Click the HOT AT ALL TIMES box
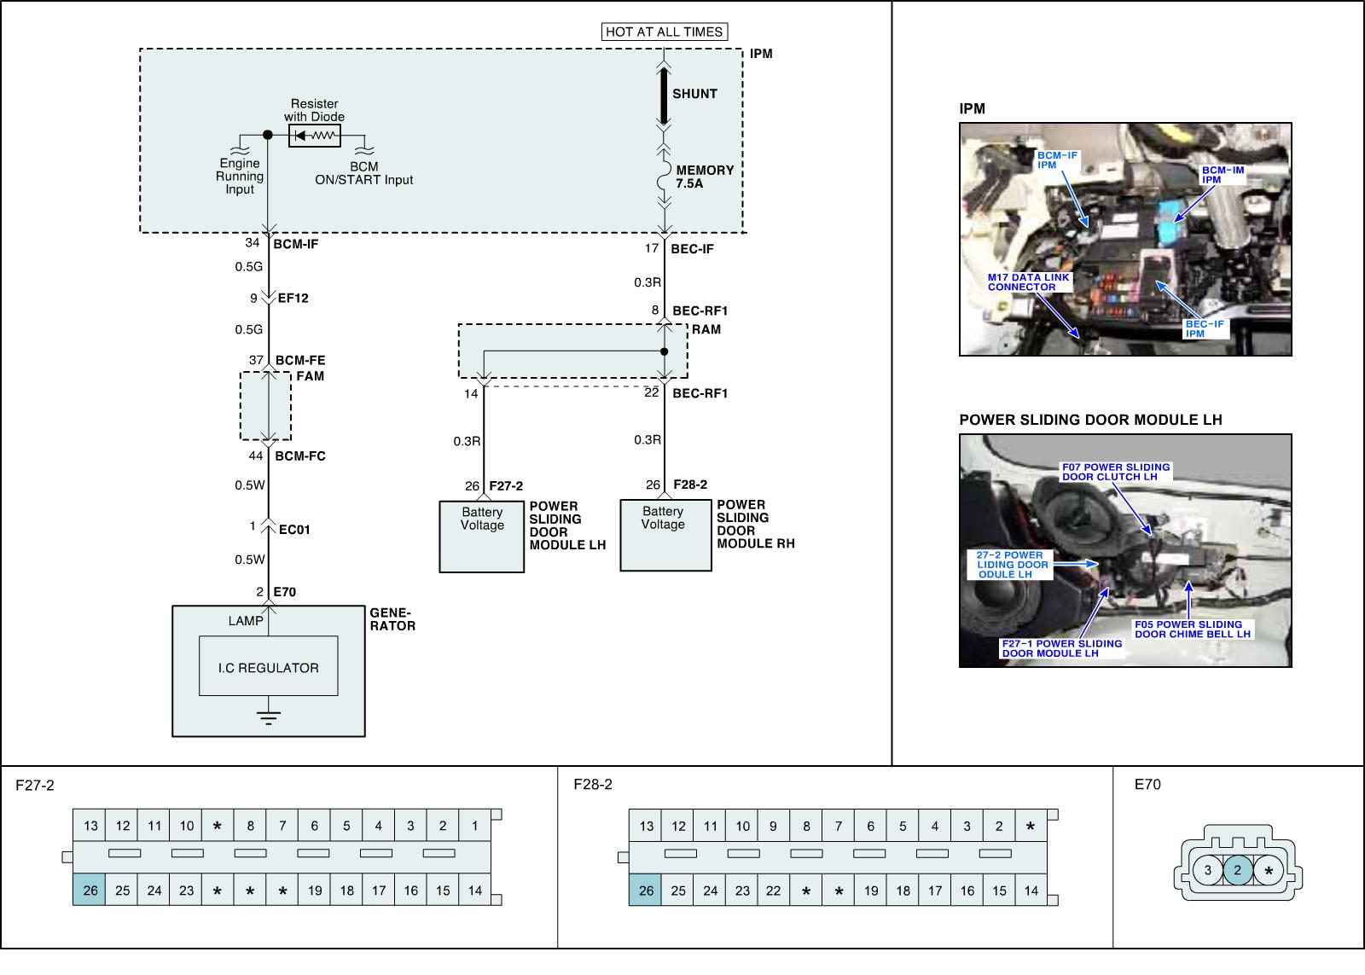pyautogui.click(x=665, y=32)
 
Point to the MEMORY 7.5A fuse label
pyautogui.click(x=704, y=177)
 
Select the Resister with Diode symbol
pyautogui.click(x=314, y=136)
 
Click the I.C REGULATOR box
pyautogui.click(x=268, y=667)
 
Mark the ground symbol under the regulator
pyautogui.click(x=269, y=717)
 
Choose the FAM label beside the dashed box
pyautogui.click(x=310, y=376)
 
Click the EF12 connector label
pyautogui.click(x=293, y=299)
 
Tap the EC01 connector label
pyautogui.click(x=294, y=530)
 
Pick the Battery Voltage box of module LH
pyautogui.click(x=482, y=536)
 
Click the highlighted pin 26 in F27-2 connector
pyautogui.click(x=90, y=891)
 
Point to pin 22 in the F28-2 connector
pyautogui.click(x=773, y=891)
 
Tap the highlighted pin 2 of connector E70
pyautogui.click(x=1238, y=871)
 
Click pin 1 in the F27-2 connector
pyautogui.click(x=475, y=826)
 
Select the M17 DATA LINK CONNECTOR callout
pyautogui.click(x=1028, y=282)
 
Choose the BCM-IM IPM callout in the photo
pyautogui.click(x=1223, y=175)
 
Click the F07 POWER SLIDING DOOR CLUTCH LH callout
pyautogui.click(x=1115, y=472)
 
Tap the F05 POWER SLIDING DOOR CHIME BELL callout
pyautogui.click(x=1192, y=630)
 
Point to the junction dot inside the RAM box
pyautogui.click(x=664, y=351)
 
